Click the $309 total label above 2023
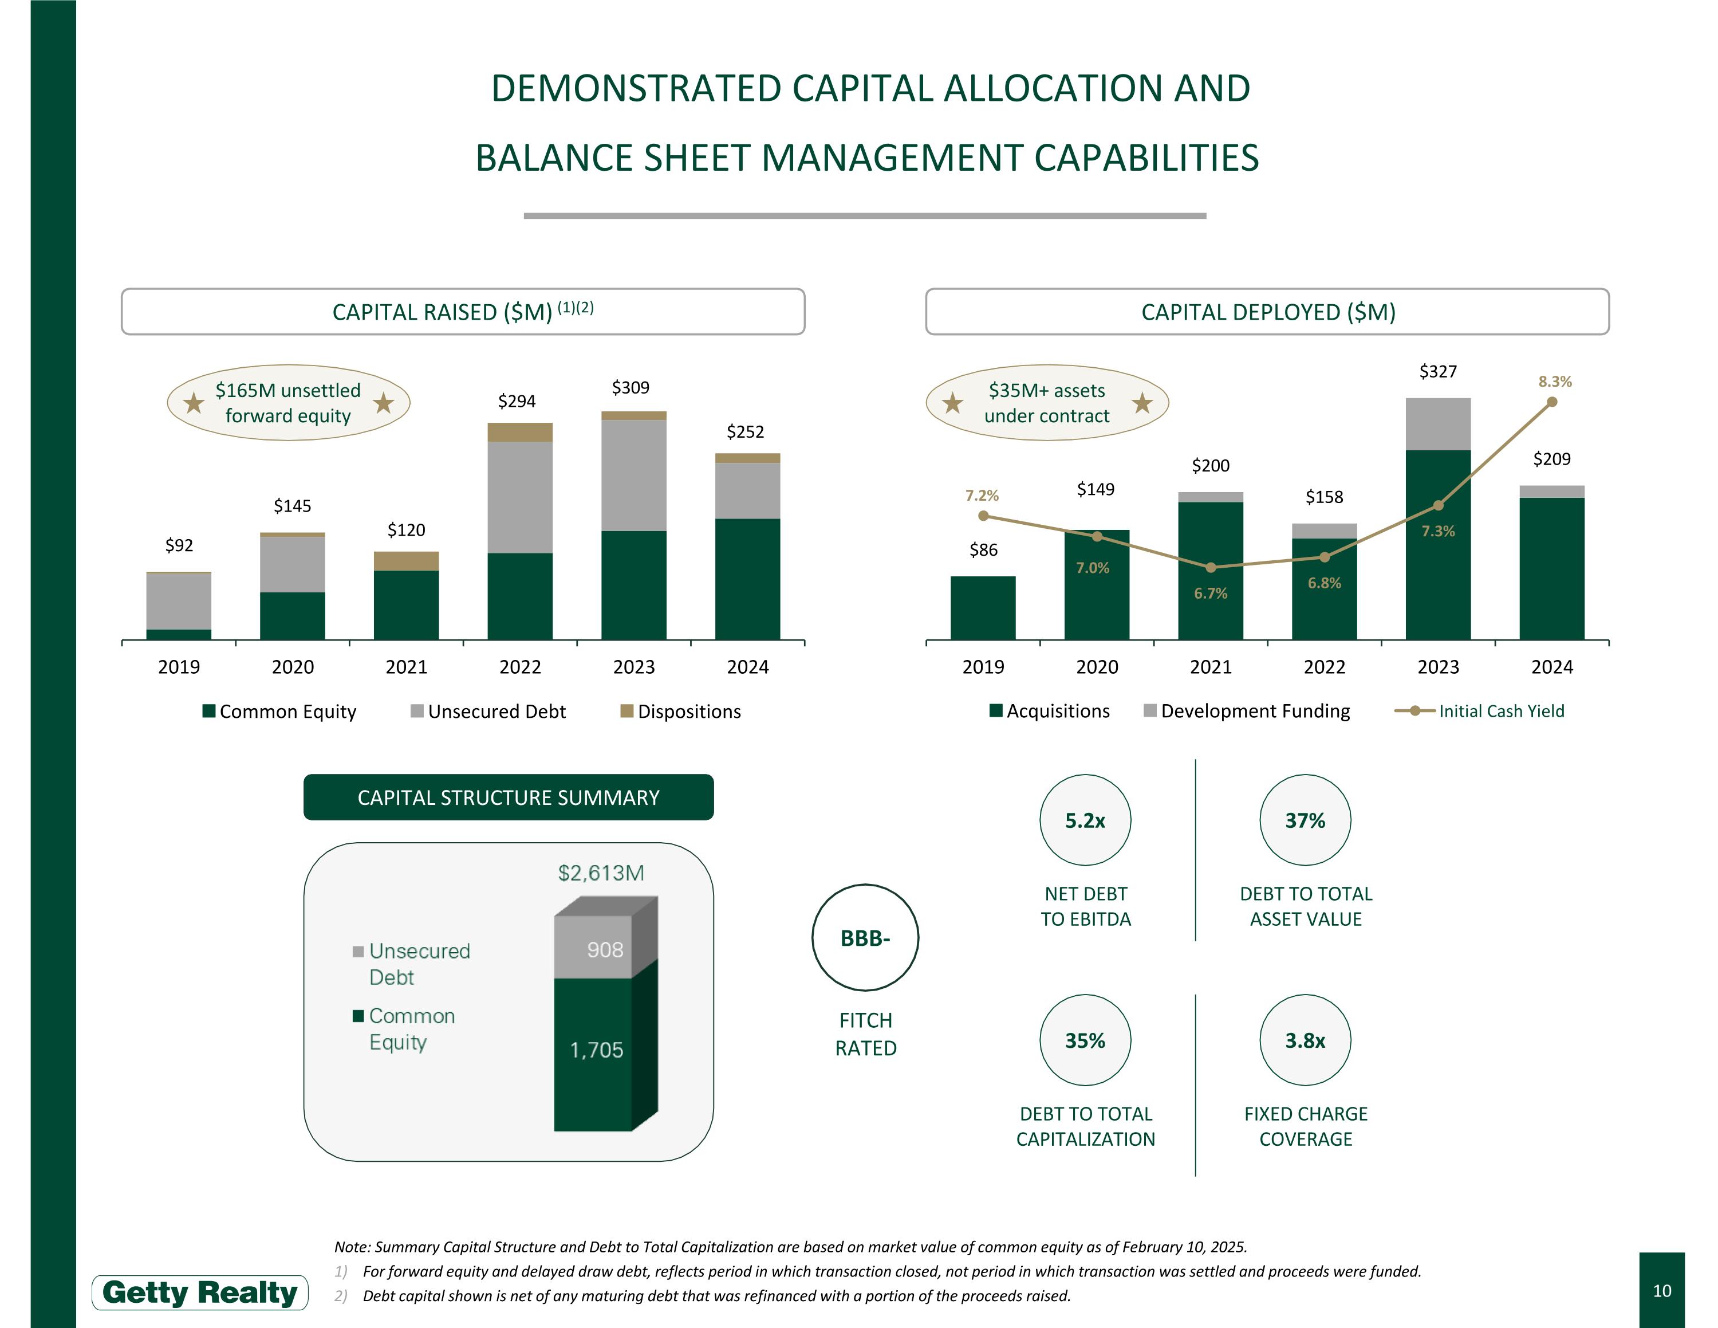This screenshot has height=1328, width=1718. (630, 387)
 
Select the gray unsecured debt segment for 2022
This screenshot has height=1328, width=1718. (520, 497)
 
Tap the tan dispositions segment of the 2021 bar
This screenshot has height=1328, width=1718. (406, 561)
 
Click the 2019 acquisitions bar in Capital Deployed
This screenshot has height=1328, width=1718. (983, 607)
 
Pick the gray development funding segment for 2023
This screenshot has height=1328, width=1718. (1438, 424)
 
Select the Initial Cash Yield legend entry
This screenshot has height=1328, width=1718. (1479, 711)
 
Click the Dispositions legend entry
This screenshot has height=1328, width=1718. (680, 711)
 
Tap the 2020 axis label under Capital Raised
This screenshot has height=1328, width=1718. (293, 667)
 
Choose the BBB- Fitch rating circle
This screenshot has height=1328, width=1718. (865, 938)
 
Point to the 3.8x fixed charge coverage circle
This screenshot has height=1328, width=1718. (1305, 1040)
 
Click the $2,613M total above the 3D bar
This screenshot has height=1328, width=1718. (601, 873)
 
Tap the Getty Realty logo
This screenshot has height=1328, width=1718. (200, 1292)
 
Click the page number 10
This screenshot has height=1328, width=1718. (1661, 1290)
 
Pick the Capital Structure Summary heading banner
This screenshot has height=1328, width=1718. (508, 797)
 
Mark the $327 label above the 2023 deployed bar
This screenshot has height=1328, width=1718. (1438, 371)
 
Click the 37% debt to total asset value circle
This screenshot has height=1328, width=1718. (1305, 820)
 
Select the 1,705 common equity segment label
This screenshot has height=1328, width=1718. (596, 1050)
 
